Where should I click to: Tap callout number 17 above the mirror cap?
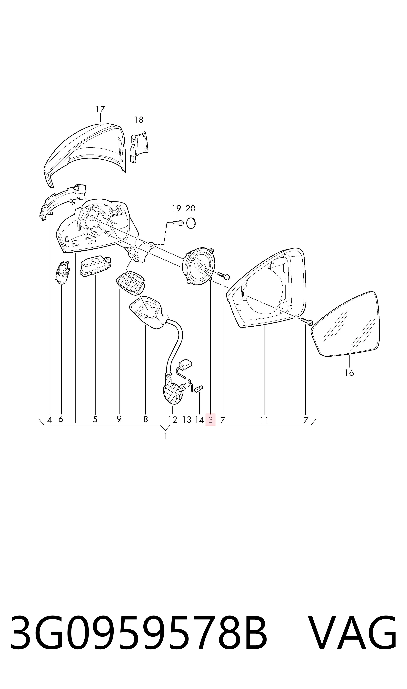[100, 110]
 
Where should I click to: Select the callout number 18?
[139, 120]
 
